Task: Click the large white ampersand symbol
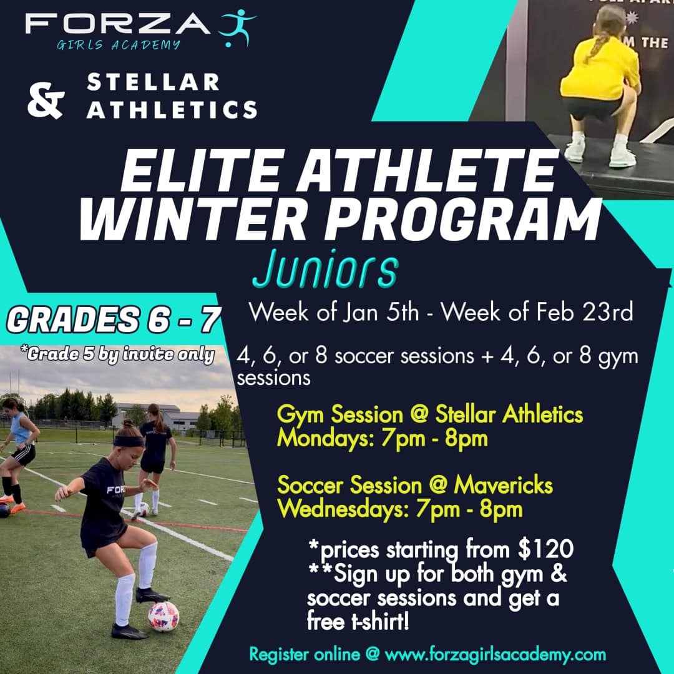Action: click(46, 103)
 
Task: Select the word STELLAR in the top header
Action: click(154, 82)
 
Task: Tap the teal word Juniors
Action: click(325, 270)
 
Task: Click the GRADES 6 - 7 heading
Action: click(113, 320)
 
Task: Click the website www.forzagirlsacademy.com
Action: click(495, 655)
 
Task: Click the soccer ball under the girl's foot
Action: click(164, 616)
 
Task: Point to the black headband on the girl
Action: click(129, 441)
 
